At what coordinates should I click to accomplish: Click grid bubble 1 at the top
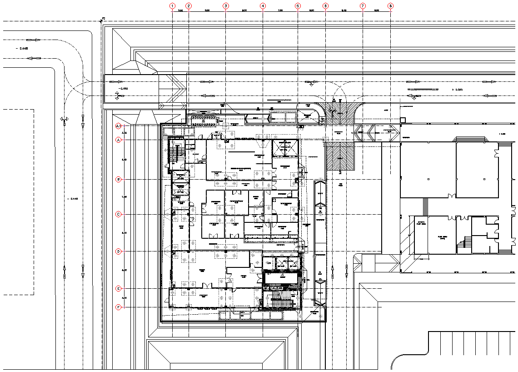click(x=172, y=6)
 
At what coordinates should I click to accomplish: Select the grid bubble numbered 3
click(x=225, y=6)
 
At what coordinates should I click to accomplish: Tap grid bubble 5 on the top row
click(x=298, y=6)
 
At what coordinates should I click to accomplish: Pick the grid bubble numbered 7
click(x=363, y=6)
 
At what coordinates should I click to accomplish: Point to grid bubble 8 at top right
click(x=391, y=6)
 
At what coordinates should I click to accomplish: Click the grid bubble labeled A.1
click(x=119, y=126)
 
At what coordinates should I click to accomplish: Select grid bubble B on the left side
click(x=119, y=180)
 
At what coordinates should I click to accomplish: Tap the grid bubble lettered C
click(x=119, y=214)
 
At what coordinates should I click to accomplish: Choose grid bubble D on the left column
click(x=119, y=251)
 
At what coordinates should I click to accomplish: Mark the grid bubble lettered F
click(x=119, y=307)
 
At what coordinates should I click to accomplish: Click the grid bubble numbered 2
click(x=189, y=6)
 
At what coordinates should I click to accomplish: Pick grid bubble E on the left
click(x=119, y=289)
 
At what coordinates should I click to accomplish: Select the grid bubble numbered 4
click(x=263, y=6)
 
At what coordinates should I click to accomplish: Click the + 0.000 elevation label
click(x=457, y=90)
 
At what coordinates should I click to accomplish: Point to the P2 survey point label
click(x=104, y=18)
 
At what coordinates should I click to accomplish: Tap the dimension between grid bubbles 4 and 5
click(x=280, y=10)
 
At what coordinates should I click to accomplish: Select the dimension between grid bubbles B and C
click(x=124, y=197)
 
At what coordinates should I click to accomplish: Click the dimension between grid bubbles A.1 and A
click(x=124, y=133)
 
